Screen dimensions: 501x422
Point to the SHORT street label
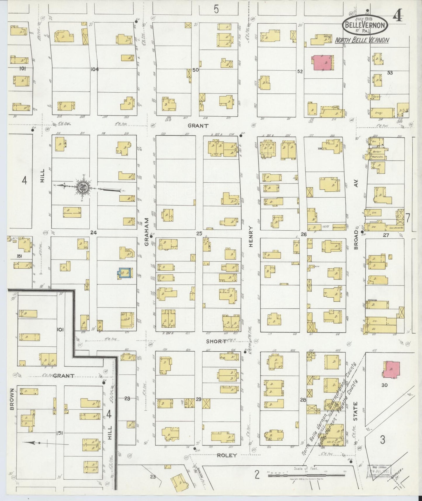[x=216, y=341]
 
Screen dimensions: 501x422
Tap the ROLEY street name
[x=227, y=455]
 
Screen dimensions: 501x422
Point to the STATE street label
[x=356, y=411]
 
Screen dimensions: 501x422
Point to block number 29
[x=199, y=399]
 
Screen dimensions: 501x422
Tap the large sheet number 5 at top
[x=216, y=10]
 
